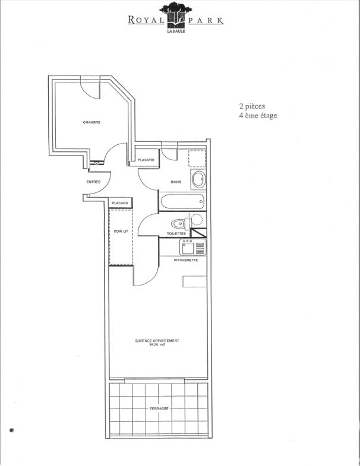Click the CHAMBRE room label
click(x=91, y=122)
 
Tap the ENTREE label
click(x=94, y=182)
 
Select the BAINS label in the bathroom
click(x=176, y=182)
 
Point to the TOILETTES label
click(x=176, y=234)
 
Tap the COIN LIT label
click(x=121, y=231)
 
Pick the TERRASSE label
click(x=159, y=408)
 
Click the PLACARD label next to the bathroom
click(x=146, y=160)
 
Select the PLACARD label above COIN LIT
click(x=120, y=204)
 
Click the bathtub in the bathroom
click(x=182, y=202)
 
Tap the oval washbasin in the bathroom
click(x=197, y=180)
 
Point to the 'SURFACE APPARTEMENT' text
click(x=157, y=341)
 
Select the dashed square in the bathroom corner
click(x=197, y=158)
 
